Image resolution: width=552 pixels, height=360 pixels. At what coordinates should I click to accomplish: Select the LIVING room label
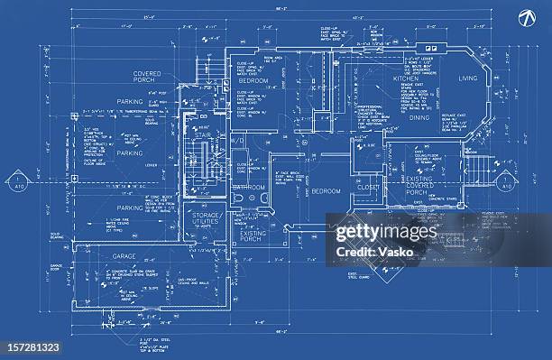[x=467, y=79]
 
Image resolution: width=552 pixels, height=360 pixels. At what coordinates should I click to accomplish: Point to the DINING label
[x=419, y=117]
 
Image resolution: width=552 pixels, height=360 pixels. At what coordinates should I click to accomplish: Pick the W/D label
[x=238, y=143]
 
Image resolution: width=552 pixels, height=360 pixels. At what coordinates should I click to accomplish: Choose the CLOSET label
[x=368, y=188]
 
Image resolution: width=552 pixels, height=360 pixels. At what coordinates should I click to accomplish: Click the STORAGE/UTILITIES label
[x=207, y=219]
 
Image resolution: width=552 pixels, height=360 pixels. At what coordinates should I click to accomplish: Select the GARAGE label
[x=124, y=256]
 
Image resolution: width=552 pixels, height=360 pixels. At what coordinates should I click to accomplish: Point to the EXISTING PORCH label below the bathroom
[x=254, y=236]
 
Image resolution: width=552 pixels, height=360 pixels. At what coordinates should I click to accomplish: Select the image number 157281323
[x=31, y=346]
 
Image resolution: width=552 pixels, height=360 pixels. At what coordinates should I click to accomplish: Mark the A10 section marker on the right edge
[x=507, y=183]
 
